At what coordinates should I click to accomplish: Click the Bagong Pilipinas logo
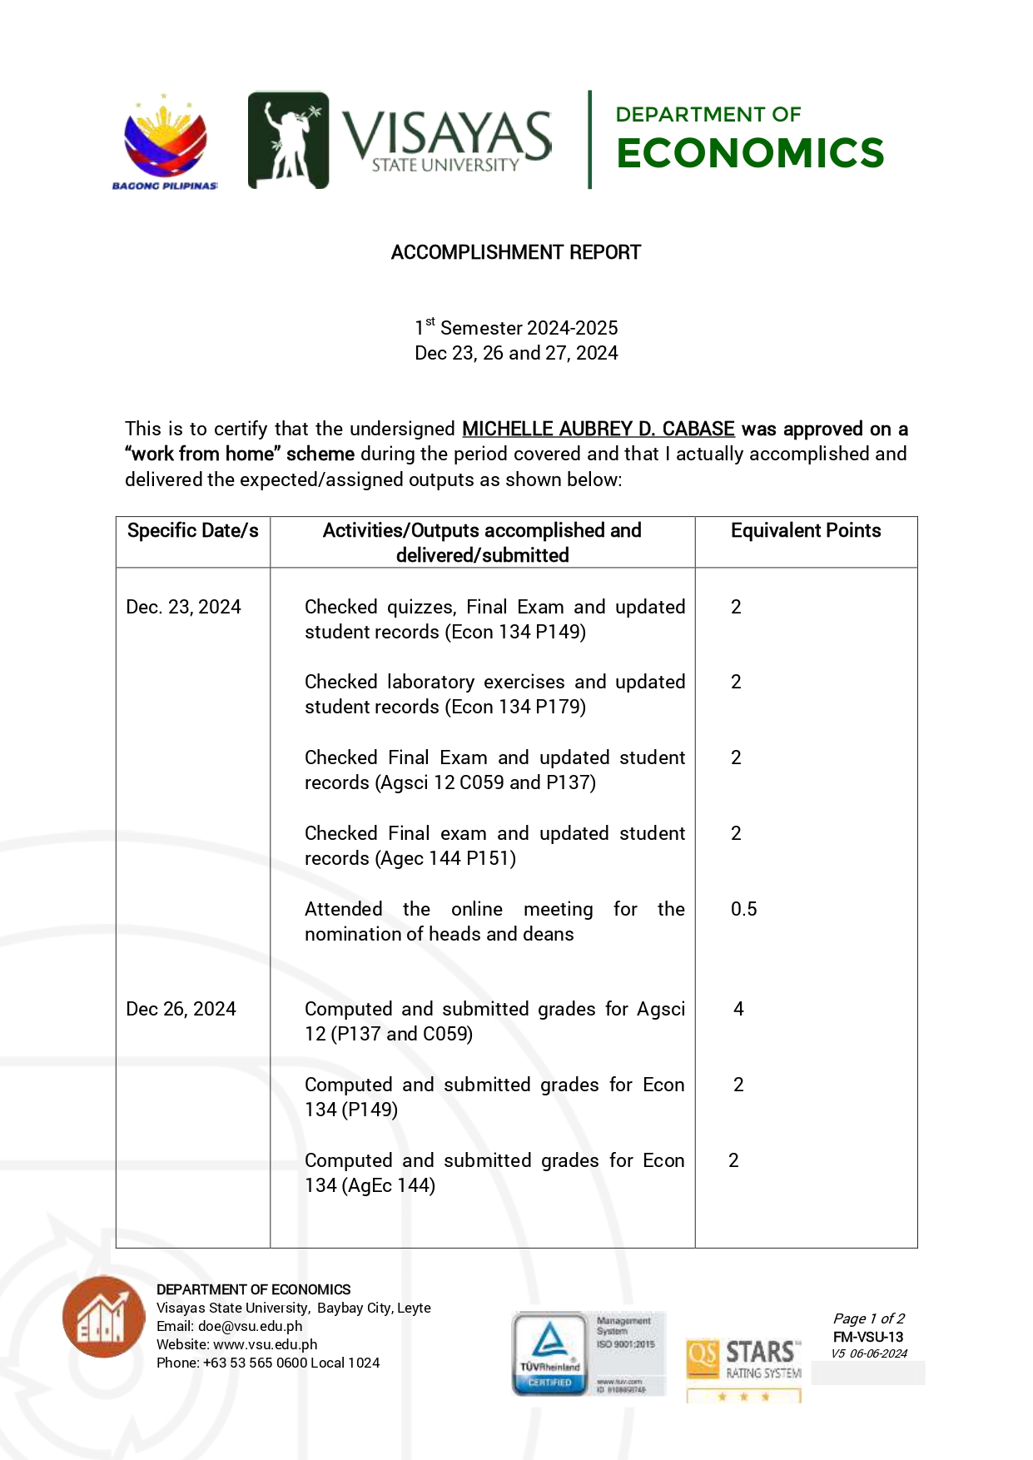point(165,142)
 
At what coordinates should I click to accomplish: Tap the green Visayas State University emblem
point(288,140)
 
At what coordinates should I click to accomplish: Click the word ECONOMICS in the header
point(750,153)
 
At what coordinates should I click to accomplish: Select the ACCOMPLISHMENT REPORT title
point(516,252)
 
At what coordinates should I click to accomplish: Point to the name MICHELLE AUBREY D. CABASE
point(598,429)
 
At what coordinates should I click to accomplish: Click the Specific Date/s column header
point(192,531)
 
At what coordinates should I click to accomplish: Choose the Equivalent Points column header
point(805,531)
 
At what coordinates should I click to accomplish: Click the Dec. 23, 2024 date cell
point(183,607)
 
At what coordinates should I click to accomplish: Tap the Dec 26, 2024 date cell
point(181,1009)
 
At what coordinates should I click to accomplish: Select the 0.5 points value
point(743,909)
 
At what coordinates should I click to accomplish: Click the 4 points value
point(738,1009)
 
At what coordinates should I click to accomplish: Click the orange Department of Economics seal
point(104,1317)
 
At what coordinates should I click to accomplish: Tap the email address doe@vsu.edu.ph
point(250,1326)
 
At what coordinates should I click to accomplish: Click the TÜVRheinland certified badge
point(550,1353)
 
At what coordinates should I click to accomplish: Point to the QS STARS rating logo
point(743,1365)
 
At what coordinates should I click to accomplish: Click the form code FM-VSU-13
point(867,1337)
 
